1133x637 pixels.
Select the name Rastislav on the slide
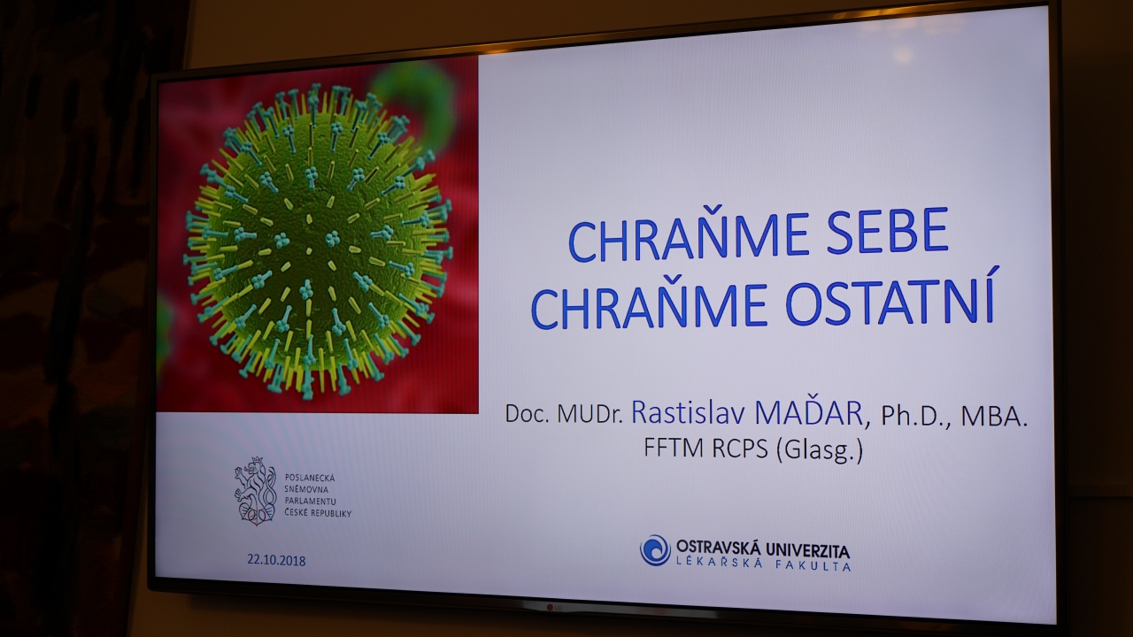[688, 412]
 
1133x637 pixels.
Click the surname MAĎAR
[809, 412]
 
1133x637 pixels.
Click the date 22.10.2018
[276, 560]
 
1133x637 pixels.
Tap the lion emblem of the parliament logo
[256, 490]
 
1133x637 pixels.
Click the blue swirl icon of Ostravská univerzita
[655, 550]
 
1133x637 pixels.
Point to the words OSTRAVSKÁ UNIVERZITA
[763, 548]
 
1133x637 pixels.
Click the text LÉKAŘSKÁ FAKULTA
[764, 564]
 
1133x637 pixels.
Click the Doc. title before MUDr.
[527, 413]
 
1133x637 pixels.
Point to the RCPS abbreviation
[741, 448]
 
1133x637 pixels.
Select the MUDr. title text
[590, 413]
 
